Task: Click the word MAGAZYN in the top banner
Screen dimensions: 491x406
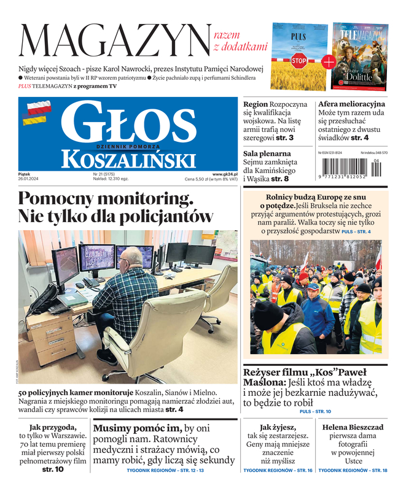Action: (114, 40)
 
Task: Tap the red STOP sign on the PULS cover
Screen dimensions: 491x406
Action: (299, 60)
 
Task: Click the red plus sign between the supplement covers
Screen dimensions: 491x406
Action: (329, 61)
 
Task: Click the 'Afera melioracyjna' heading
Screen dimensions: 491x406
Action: (351, 104)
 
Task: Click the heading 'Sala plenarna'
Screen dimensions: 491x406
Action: (267, 153)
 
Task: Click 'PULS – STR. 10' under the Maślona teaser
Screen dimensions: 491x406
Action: (315, 411)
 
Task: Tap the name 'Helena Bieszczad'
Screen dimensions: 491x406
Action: (353, 427)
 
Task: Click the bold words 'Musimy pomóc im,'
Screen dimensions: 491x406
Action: (137, 428)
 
